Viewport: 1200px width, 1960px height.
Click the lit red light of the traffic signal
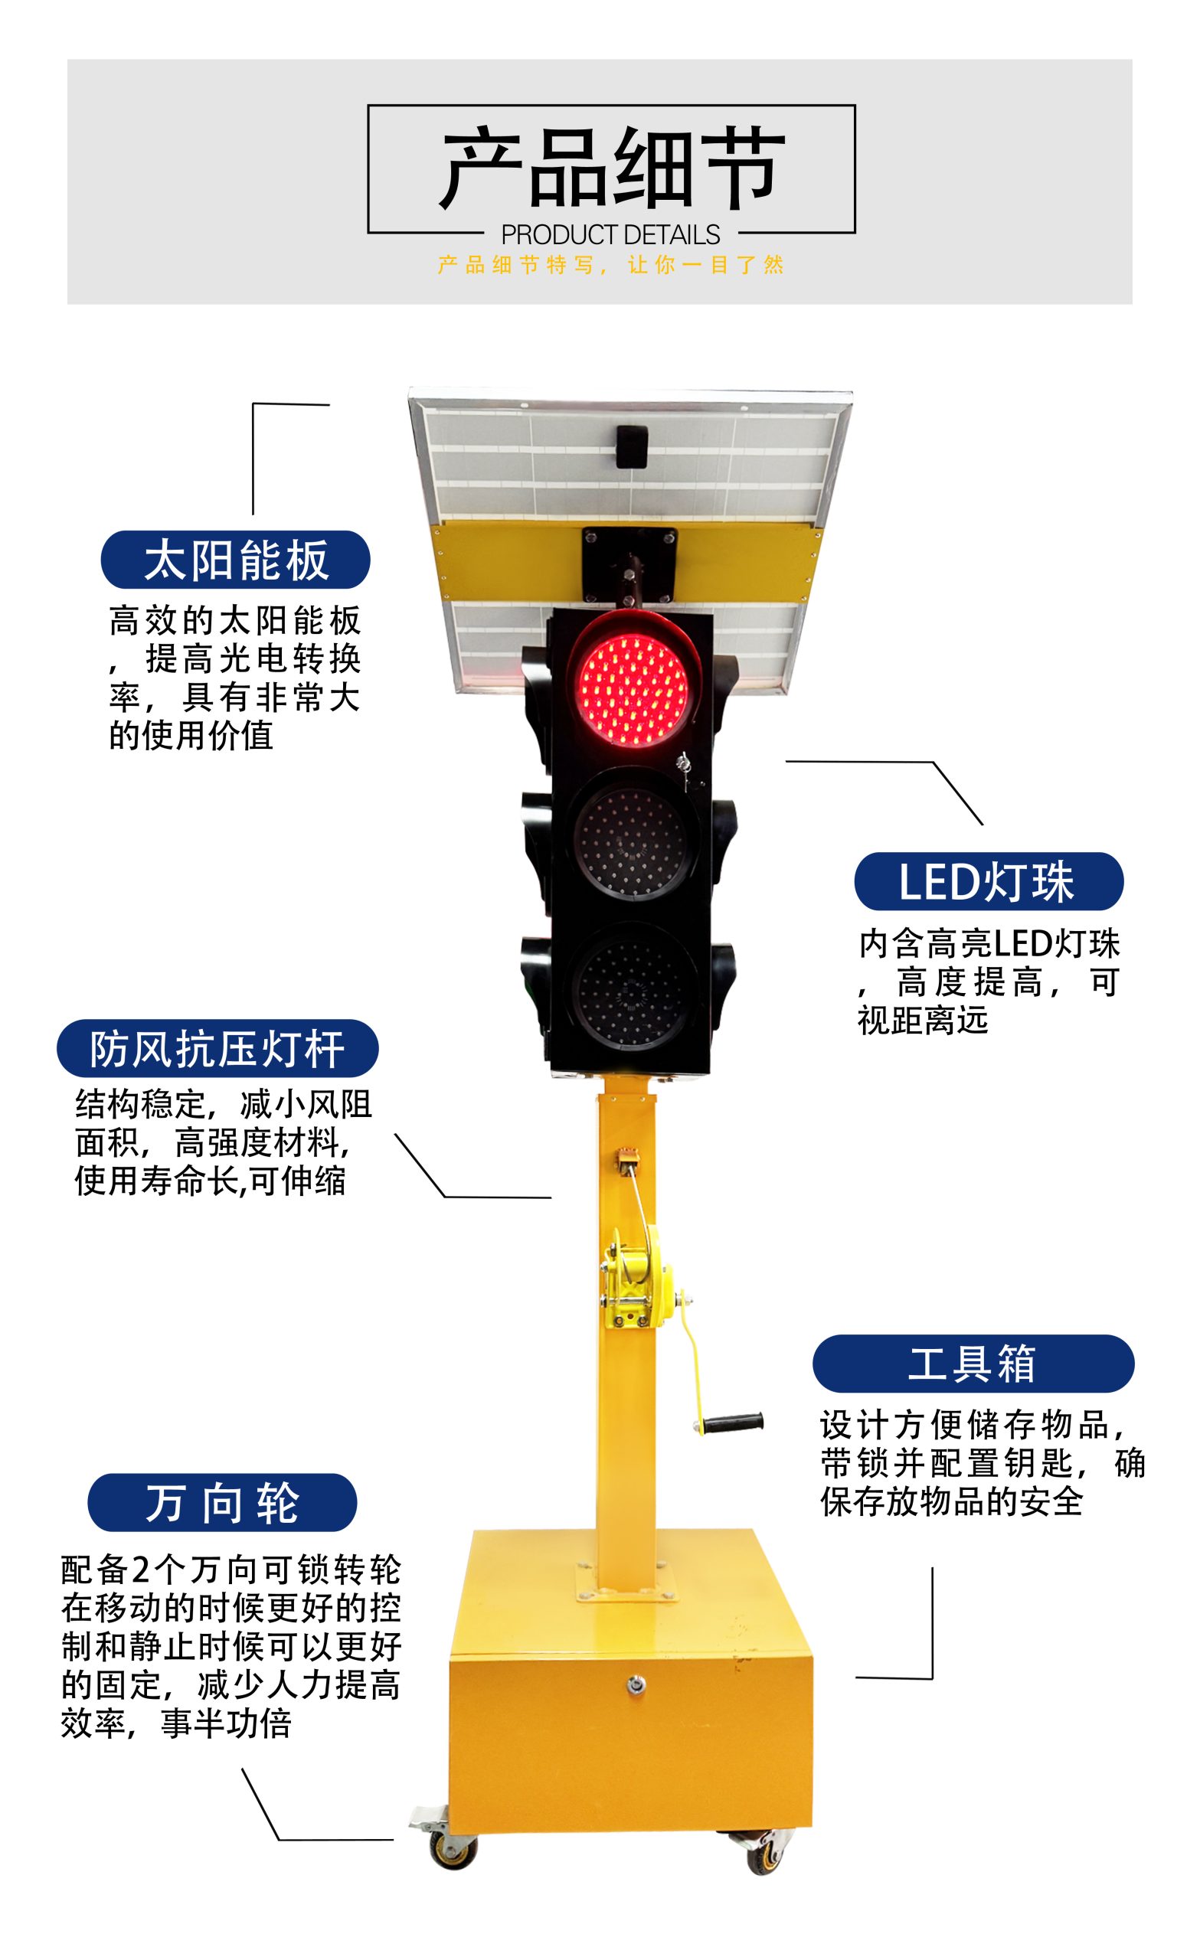(634, 689)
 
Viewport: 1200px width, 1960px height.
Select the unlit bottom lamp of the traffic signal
(634, 991)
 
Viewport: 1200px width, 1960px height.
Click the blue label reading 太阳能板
(236, 559)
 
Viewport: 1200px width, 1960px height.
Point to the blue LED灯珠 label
(989, 881)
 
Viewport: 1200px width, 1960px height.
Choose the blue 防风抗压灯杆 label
(217, 1048)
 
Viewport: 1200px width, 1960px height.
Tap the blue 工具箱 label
(973, 1364)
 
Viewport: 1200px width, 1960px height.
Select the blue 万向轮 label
(222, 1503)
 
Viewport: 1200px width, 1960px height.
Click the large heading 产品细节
(611, 168)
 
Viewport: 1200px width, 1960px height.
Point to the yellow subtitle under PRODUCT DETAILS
(610, 265)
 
